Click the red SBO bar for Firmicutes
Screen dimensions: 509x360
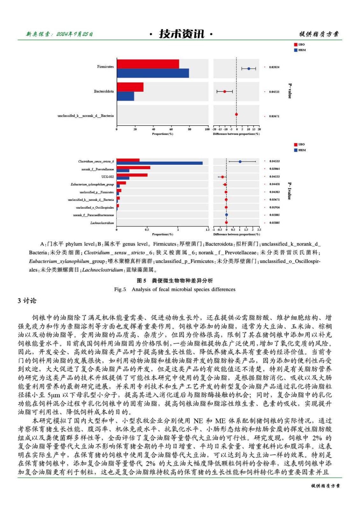tap(148, 64)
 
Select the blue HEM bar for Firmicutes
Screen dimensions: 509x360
tap(153, 73)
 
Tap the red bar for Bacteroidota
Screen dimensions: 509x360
tap(130, 87)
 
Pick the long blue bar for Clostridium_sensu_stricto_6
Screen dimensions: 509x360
tap(159, 163)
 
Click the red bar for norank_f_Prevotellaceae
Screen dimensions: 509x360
tap(133, 168)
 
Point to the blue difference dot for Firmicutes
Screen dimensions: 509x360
tap(249, 69)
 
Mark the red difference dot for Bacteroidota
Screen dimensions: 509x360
tap(224, 92)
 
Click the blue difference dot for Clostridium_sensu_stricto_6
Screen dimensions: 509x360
tap(240, 162)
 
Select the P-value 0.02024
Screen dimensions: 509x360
tap(274, 67)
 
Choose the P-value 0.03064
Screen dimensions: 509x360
tap(274, 169)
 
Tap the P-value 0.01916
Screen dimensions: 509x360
tap(274, 207)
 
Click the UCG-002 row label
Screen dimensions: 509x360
tap(108, 177)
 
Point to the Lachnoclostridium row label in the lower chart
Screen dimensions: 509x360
tap(102, 223)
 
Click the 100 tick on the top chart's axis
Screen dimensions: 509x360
tap(207, 129)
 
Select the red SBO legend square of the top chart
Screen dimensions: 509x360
tap(296, 45)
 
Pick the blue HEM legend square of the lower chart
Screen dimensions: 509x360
tap(296, 150)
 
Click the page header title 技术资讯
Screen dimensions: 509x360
tap(181, 34)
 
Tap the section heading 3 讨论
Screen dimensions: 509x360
tap(27, 301)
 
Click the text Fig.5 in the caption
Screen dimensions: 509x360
tap(120, 289)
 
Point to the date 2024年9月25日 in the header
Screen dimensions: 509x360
tap(74, 34)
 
